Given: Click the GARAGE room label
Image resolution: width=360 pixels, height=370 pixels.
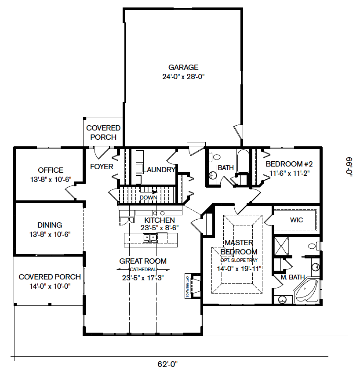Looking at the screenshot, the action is click(183, 67).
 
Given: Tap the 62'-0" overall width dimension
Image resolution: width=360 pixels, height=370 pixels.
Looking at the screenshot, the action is click(167, 364).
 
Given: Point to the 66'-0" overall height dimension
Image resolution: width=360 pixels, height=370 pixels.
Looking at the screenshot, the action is click(349, 167).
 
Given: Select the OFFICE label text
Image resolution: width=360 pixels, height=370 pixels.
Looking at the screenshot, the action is click(51, 170).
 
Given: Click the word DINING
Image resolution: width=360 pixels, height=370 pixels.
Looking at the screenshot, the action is click(50, 225).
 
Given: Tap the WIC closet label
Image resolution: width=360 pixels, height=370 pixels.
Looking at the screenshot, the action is click(297, 220).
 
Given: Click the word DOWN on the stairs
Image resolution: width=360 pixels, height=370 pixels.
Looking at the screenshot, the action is click(148, 197).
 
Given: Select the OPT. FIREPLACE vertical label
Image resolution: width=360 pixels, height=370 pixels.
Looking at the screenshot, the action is click(187, 286).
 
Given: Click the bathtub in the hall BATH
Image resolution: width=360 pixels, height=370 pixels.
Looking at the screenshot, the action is click(243, 161).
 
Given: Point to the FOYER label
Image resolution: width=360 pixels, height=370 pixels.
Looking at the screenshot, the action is click(102, 167).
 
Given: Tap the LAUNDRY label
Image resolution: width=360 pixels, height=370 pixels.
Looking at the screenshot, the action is click(160, 170).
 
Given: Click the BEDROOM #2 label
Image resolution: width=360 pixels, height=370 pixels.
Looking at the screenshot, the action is click(289, 164).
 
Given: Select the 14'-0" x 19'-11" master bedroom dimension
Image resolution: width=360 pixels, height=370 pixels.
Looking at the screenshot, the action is click(239, 269).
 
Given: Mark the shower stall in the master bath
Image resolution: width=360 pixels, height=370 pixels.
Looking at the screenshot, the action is click(281, 246).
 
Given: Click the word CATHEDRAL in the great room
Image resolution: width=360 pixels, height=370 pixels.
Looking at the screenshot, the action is click(143, 269).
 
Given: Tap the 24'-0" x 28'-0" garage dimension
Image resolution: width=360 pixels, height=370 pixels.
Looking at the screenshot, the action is click(183, 77).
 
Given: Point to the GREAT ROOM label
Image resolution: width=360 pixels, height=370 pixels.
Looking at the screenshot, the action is click(143, 261).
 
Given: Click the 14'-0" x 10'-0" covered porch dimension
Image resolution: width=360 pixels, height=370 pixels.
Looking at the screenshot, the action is click(50, 286).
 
